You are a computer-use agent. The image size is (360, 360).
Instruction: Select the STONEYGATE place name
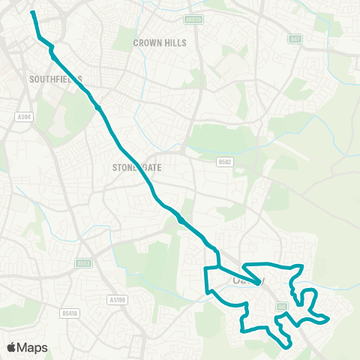(x=136, y=169)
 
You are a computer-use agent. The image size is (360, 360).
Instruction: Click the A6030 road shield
(x=193, y=20)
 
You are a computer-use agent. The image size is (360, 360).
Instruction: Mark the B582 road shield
(x=223, y=161)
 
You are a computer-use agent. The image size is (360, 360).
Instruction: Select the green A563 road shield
(x=83, y=263)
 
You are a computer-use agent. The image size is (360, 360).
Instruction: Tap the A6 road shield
(x=283, y=306)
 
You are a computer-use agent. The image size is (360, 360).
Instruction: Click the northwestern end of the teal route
(x=32, y=12)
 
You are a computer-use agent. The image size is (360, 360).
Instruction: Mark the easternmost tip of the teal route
(x=328, y=319)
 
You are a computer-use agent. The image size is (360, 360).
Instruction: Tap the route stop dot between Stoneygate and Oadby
(x=181, y=220)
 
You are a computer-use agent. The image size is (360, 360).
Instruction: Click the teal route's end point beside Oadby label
(x=260, y=283)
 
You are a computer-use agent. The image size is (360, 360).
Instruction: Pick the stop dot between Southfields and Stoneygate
(x=98, y=107)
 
